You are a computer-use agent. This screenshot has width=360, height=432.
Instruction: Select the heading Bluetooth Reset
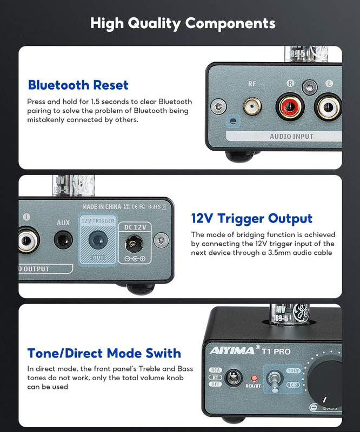pos(78,85)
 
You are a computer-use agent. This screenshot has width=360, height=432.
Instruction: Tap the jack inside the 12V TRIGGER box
pos(98,239)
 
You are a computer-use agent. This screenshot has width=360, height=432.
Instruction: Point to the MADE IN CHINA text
pos(101,206)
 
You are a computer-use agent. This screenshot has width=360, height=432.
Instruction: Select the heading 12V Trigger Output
pos(252,219)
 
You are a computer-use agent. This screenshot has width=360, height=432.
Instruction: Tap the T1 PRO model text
pos(276,352)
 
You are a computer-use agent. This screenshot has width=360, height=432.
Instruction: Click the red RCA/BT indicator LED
pos(254,378)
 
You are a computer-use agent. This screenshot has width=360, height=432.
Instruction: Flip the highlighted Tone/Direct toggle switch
pos(275,381)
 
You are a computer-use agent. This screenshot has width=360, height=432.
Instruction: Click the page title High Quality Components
pos(183,23)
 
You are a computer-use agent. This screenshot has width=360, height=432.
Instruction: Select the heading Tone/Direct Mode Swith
pos(104,353)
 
